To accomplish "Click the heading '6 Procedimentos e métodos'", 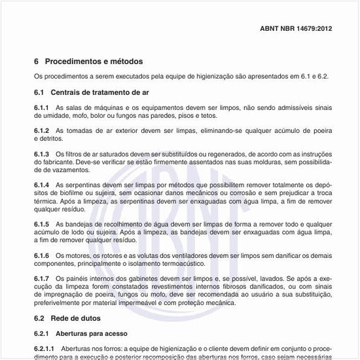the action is (88, 62).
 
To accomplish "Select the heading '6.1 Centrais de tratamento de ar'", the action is (92, 92).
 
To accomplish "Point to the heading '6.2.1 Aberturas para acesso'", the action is (81, 333).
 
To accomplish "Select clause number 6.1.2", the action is (42, 131).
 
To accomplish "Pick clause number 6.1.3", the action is (42, 154).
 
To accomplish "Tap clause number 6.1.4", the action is (42, 186).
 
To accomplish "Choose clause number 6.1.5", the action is (42, 225).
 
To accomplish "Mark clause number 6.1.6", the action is (42, 255).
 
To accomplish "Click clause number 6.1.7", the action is (42, 279).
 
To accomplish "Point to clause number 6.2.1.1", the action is (45, 348).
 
